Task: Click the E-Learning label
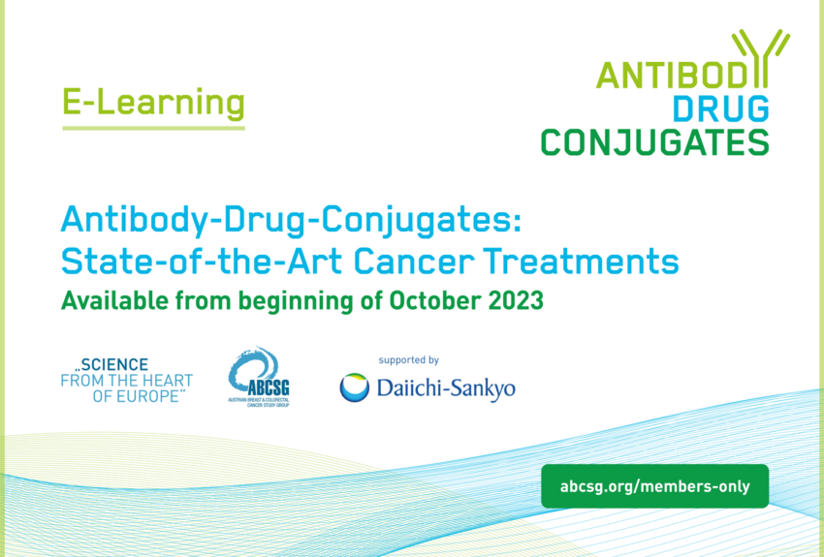(153, 102)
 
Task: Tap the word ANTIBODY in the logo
(668, 75)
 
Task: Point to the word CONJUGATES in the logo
(654, 141)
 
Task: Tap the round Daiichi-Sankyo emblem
(354, 387)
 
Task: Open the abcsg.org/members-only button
(654, 486)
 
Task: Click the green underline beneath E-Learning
(153, 126)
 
